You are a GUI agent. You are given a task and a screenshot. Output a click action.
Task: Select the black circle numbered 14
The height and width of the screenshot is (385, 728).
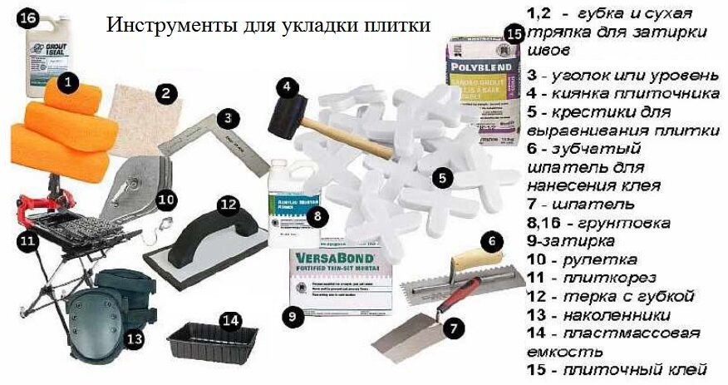pyautogui.click(x=230, y=320)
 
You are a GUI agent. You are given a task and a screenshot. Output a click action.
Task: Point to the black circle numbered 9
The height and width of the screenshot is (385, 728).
pyautogui.click(x=292, y=316)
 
